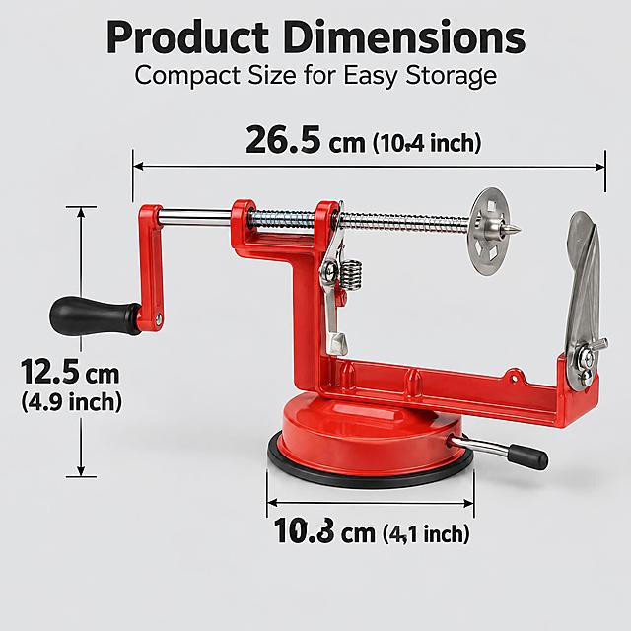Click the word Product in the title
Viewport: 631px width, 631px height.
pyautogui.click(x=187, y=37)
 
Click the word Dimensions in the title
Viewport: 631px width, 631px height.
pyautogui.click(x=403, y=37)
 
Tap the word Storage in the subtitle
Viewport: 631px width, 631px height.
pyautogui.click(x=452, y=75)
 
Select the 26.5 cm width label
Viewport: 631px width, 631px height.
pyautogui.click(x=306, y=140)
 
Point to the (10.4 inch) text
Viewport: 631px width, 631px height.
pyautogui.click(x=427, y=143)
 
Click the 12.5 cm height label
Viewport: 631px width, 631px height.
pyautogui.click(x=70, y=372)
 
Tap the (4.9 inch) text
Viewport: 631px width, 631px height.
pyautogui.click(x=71, y=401)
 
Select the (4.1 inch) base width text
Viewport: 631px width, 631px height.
pyautogui.click(x=426, y=533)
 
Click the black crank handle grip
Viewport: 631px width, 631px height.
pyautogui.click(x=95, y=316)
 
